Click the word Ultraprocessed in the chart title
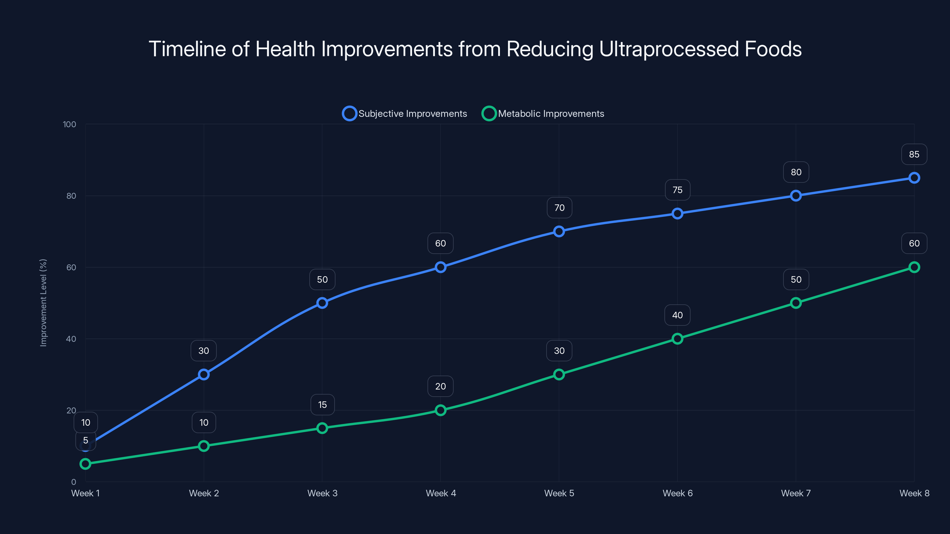pyautogui.click(x=669, y=49)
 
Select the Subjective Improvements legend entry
pyautogui.click(x=405, y=114)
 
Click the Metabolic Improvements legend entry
pyautogui.click(x=543, y=114)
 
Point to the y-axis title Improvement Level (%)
pyautogui.click(x=44, y=303)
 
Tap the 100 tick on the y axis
pyautogui.click(x=69, y=124)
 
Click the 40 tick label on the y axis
pyautogui.click(x=71, y=339)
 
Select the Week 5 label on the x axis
pyautogui.click(x=559, y=493)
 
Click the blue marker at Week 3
pyautogui.click(x=322, y=303)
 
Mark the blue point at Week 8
pyautogui.click(x=914, y=178)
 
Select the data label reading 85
pyautogui.click(x=914, y=154)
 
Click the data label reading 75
pyautogui.click(x=677, y=190)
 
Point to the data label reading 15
pyautogui.click(x=322, y=405)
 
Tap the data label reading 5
pyautogui.click(x=85, y=440)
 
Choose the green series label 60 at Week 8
pyautogui.click(x=914, y=243)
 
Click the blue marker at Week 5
pyautogui.click(x=559, y=231)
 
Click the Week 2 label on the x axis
pyautogui.click(x=204, y=493)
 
